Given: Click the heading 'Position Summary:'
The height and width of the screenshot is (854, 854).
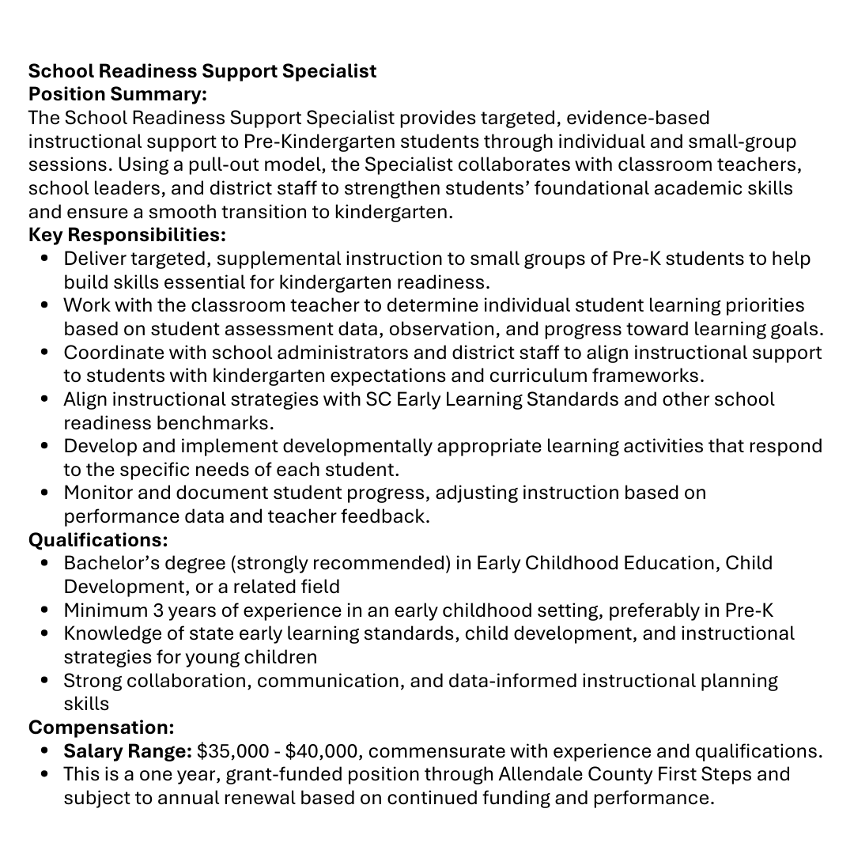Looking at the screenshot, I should [x=118, y=94].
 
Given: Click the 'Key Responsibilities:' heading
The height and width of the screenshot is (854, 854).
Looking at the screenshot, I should [x=127, y=235].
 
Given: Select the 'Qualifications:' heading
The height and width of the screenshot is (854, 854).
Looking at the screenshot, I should [x=98, y=540].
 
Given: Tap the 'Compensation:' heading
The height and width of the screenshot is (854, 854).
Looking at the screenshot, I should [x=101, y=727].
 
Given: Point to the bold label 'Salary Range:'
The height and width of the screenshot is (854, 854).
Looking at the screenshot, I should [x=128, y=750].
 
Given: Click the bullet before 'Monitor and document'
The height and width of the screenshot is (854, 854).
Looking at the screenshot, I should [x=45, y=493].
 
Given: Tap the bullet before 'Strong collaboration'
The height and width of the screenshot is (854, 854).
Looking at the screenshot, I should [x=45, y=681].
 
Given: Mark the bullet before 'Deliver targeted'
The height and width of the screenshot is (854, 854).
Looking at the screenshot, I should [x=45, y=259].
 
